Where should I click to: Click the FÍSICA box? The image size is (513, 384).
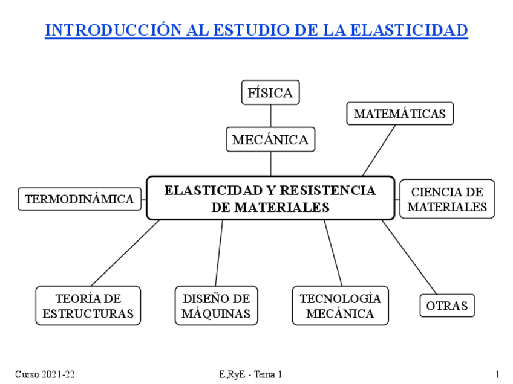coord(270,92)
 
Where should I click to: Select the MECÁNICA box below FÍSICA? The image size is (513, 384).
coord(270,139)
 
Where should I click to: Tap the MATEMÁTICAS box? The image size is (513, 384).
coord(399,114)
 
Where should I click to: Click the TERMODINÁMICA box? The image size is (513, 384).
coord(79,199)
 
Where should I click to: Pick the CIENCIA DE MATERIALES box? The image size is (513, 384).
coord(446,199)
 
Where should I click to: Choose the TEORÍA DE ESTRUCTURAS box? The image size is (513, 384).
coord(88,306)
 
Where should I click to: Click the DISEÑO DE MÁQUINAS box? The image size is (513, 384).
coord(216,306)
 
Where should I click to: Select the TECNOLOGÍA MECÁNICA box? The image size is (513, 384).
coord(340,306)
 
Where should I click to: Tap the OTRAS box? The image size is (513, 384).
coord(446,306)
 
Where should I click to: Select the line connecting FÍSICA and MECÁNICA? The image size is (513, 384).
coord(270,115)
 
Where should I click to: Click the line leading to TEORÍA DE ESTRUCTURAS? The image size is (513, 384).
coord(125,253)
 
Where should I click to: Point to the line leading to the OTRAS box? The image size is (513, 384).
coord(409,257)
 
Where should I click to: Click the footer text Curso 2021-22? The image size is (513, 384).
coord(45,374)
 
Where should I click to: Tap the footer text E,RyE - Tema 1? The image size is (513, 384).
coord(250,374)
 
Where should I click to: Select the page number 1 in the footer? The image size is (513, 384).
coord(497,374)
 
